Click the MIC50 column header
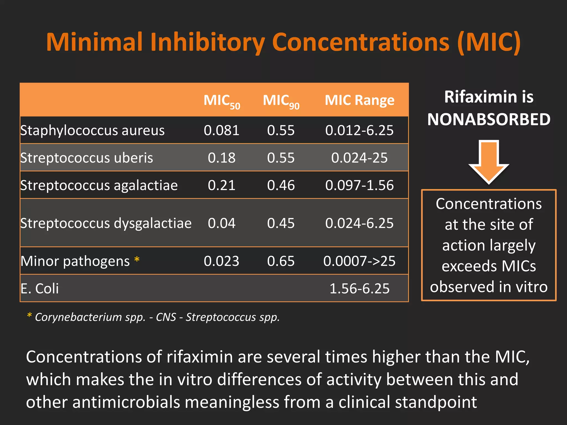[221, 101]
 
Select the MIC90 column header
[281, 101]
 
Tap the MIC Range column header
[359, 100]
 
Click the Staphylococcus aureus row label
[92, 130]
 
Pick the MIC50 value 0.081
[221, 130]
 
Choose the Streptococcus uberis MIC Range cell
[359, 158]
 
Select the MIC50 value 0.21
[221, 185]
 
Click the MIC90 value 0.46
[281, 185]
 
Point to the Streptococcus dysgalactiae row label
[106, 223]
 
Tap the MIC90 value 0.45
[281, 223]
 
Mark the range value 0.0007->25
[359, 261]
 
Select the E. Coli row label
[40, 289]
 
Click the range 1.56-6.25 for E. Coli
[359, 289]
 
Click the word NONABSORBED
[489, 120]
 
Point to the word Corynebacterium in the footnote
[78, 317]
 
